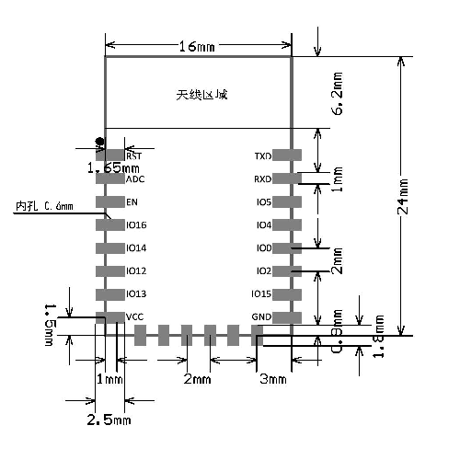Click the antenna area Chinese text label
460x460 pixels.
point(201,94)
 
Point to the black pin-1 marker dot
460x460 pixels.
point(100,141)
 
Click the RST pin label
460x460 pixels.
point(133,156)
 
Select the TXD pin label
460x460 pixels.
point(262,156)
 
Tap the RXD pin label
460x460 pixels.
point(262,179)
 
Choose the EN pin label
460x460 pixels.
point(132,201)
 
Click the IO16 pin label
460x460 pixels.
point(136,224)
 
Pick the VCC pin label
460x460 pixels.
point(135,316)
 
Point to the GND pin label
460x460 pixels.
point(261,316)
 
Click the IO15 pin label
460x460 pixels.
point(260,293)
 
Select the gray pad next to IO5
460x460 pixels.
point(287,201)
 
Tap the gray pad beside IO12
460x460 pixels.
point(110,270)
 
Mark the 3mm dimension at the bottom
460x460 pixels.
point(272,379)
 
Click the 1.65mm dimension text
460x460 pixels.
point(113,168)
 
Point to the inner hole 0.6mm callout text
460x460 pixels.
point(44,206)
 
